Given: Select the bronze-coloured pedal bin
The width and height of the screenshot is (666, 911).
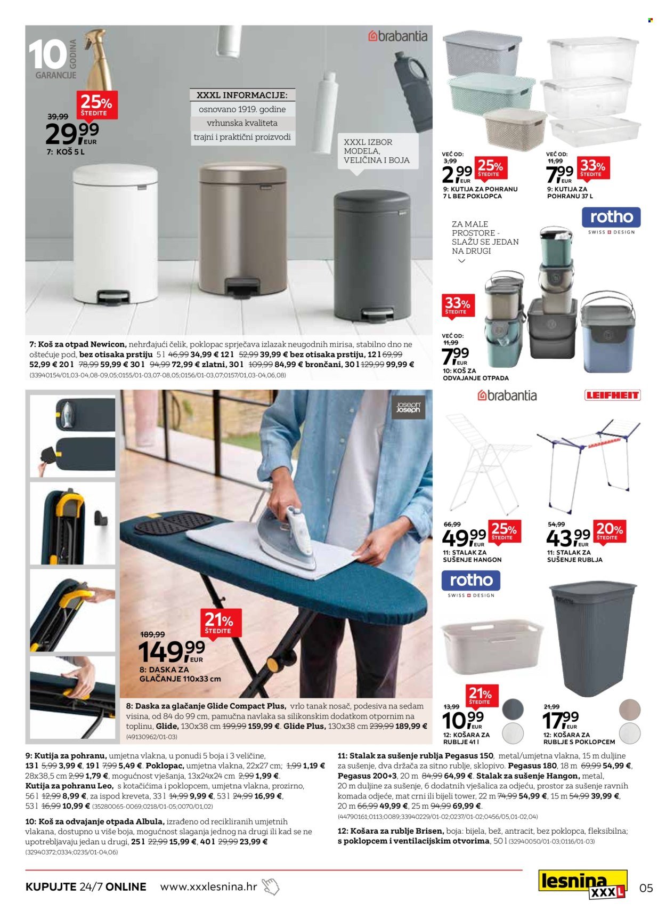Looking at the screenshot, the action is pos(243,229).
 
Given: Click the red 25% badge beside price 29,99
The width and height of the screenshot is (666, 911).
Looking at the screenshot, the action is pos(97,104).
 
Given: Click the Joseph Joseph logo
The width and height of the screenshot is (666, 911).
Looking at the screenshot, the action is pos(408,408).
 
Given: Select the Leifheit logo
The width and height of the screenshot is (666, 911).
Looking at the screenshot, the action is pos(612,395).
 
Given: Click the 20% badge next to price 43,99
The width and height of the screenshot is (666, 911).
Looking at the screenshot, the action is pos(610,531).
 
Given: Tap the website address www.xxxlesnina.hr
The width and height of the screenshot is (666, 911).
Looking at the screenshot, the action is pos(208,886).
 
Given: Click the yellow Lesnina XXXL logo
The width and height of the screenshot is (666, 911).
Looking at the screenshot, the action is pos(582,885).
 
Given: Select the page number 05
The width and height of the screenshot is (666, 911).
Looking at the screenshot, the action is pos(645,888).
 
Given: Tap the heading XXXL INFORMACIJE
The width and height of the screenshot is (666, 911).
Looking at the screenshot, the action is pos(242,95).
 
